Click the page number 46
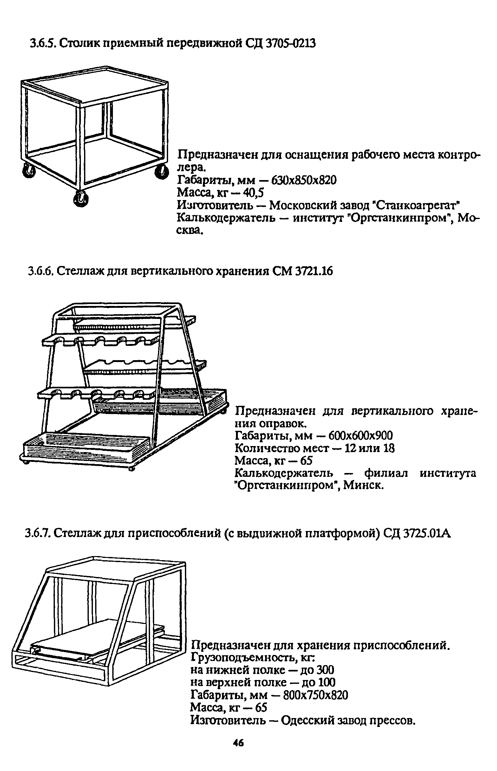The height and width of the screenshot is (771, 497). [x=239, y=740]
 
